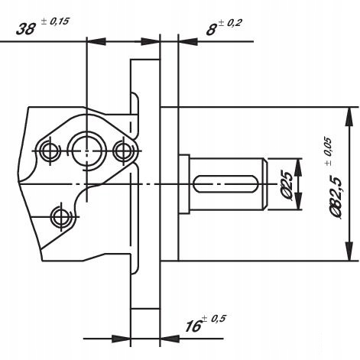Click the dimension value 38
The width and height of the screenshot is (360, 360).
25,29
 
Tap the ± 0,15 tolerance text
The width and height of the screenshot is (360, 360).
55,21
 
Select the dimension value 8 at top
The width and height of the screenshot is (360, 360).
211,30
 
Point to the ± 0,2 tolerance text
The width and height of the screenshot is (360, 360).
230,24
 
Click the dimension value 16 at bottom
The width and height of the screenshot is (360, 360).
193,326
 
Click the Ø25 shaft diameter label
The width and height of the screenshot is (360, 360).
287,184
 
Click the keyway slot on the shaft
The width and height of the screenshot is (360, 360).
225,184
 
